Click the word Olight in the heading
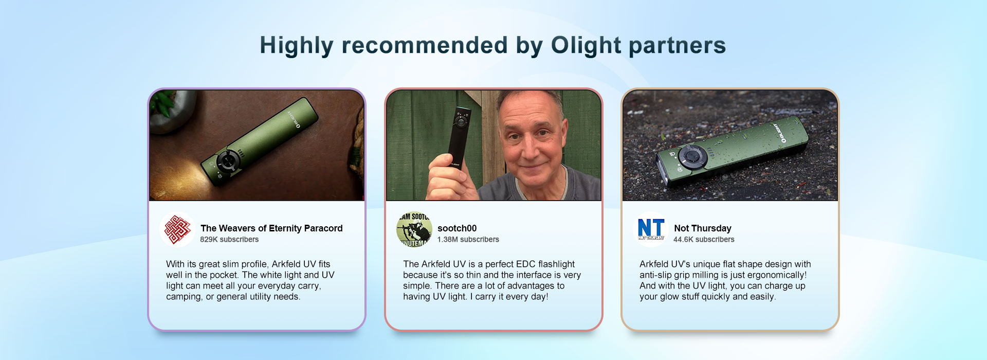[586, 46]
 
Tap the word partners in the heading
[678, 46]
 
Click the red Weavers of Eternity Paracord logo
[177, 229]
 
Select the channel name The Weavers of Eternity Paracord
[271, 228]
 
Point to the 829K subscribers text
[229, 240]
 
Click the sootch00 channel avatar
[414, 229]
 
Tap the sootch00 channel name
[457, 228]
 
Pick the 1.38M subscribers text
[468, 240]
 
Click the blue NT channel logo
[651, 229]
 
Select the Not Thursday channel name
[703, 228]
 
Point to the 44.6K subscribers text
[704, 240]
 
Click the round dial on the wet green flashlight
[689, 156]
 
